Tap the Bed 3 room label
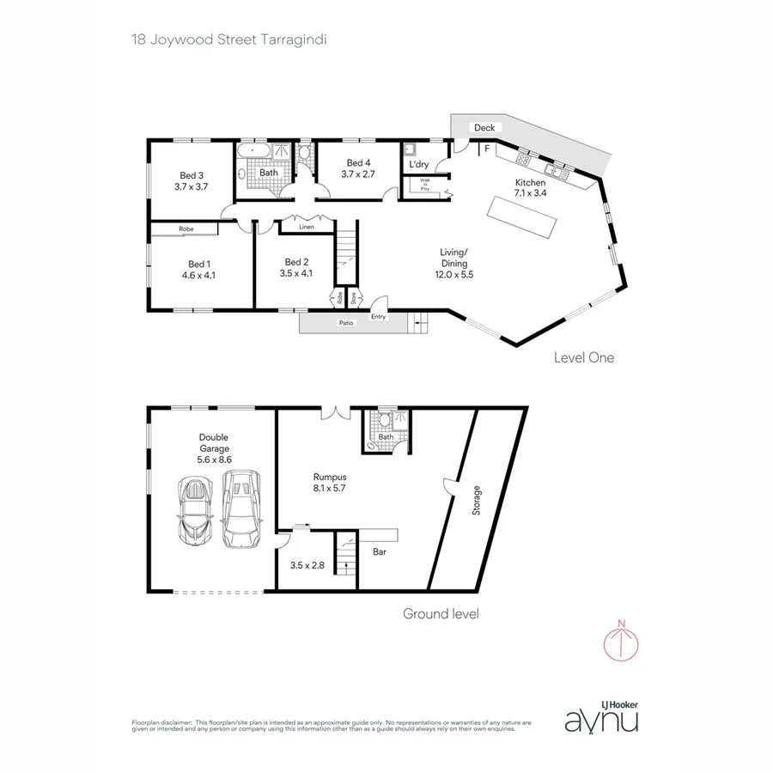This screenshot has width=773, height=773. pos(191,174)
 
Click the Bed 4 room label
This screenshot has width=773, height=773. pos(358,163)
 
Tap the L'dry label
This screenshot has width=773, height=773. pos(419,164)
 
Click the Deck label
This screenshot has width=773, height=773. pos(484,128)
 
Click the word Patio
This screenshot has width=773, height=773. pos(345,323)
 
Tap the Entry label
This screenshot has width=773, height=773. pos(379,317)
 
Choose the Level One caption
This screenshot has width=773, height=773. pos(584,357)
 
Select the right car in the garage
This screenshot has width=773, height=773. pos(240,508)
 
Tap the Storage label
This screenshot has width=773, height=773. pos(477,502)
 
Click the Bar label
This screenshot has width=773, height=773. pos(380,553)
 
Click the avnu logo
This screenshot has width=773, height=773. pos(601,720)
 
